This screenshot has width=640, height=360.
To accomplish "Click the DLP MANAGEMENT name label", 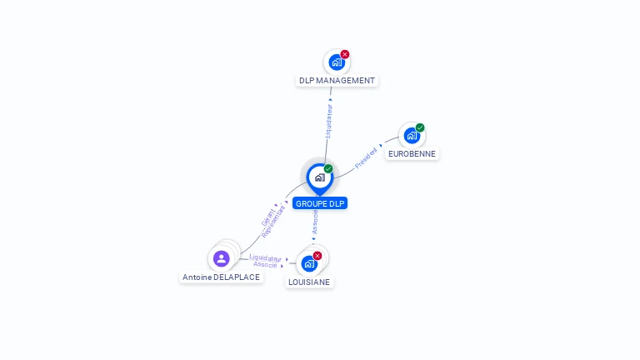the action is [x=337, y=81].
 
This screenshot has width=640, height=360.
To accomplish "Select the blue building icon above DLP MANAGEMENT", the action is [x=336, y=62].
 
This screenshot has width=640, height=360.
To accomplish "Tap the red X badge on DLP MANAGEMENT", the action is [x=345, y=54].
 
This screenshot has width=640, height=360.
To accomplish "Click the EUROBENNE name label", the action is [x=412, y=153].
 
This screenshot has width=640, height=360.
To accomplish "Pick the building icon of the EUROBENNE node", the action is [x=411, y=135].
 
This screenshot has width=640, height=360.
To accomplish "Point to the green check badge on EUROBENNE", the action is [x=420, y=127].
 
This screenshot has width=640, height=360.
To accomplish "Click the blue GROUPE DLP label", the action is [x=320, y=203].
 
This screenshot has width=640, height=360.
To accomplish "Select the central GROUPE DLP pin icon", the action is [x=319, y=177].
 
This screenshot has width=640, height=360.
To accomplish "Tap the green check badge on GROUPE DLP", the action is [x=328, y=169].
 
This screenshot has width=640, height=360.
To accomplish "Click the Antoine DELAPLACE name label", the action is [x=222, y=277].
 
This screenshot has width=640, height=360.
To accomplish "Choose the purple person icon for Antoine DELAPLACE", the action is [x=221, y=258].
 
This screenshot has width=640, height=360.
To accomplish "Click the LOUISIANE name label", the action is [x=309, y=282].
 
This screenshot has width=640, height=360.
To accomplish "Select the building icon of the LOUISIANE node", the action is [x=309, y=263].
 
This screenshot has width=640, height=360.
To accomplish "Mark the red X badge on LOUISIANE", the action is [x=317, y=256].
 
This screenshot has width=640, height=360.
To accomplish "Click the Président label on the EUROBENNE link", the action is [x=367, y=158].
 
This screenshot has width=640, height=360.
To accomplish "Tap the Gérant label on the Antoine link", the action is [x=267, y=217].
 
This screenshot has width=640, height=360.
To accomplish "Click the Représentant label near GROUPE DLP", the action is [x=274, y=222].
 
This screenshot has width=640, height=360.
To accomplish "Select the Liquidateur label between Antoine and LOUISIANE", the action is [x=265, y=257].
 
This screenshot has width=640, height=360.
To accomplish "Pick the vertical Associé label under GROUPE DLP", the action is [x=315, y=221].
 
